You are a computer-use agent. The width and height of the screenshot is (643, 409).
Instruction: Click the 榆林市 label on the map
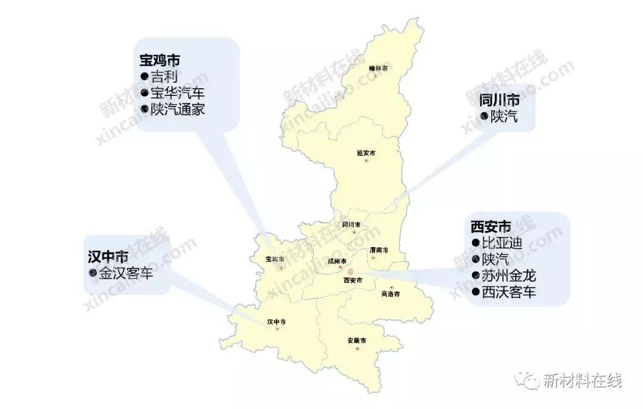click(x=378, y=68)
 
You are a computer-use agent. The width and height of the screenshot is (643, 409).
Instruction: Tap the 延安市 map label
click(x=366, y=153)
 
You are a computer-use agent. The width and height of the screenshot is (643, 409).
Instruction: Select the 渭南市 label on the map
click(x=379, y=250)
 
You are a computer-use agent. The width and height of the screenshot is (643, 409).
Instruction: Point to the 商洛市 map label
click(x=390, y=294)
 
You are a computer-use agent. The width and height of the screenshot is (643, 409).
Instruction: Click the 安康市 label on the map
click(x=356, y=341)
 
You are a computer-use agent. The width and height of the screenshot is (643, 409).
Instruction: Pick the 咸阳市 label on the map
click(x=338, y=261)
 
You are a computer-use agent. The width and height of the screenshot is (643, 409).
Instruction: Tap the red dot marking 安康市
click(x=357, y=349)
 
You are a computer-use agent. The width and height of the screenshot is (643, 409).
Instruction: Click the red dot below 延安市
click(x=367, y=161)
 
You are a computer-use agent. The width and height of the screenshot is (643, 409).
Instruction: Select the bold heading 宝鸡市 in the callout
click(x=160, y=60)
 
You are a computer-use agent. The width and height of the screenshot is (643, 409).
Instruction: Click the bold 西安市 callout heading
click(x=491, y=227)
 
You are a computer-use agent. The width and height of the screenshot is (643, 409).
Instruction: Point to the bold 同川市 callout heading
click(x=499, y=99)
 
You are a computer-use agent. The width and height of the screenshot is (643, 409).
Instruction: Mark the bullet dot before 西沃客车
click(x=475, y=292)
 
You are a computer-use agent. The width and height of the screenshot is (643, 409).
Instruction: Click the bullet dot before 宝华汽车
click(x=144, y=93)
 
